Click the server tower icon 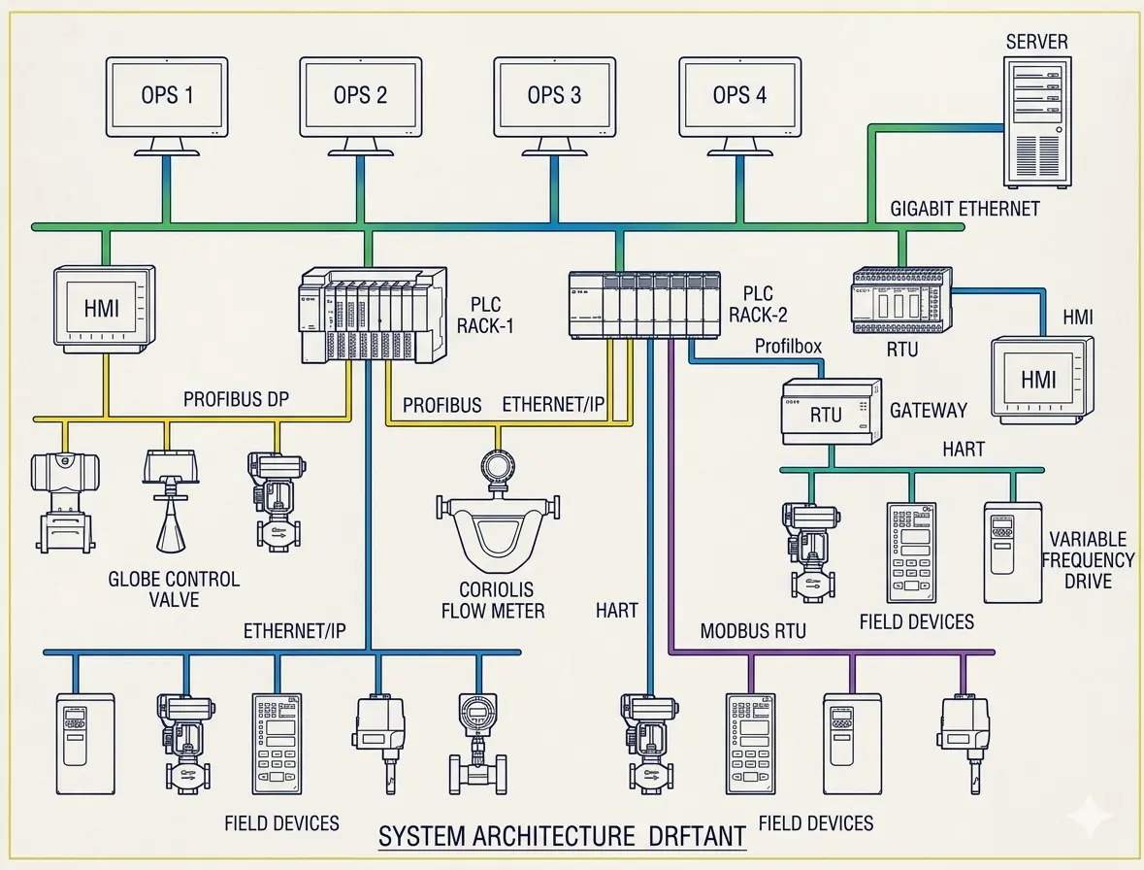click(1036, 121)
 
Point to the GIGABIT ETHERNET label click(964, 208)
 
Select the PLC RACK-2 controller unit click(643, 304)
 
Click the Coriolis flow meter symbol click(497, 524)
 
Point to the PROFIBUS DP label click(236, 399)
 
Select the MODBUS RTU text click(753, 631)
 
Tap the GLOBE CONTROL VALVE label click(174, 588)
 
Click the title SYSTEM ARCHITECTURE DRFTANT click(561, 835)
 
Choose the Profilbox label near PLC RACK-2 click(788, 347)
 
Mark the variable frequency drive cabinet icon click(1012, 551)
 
